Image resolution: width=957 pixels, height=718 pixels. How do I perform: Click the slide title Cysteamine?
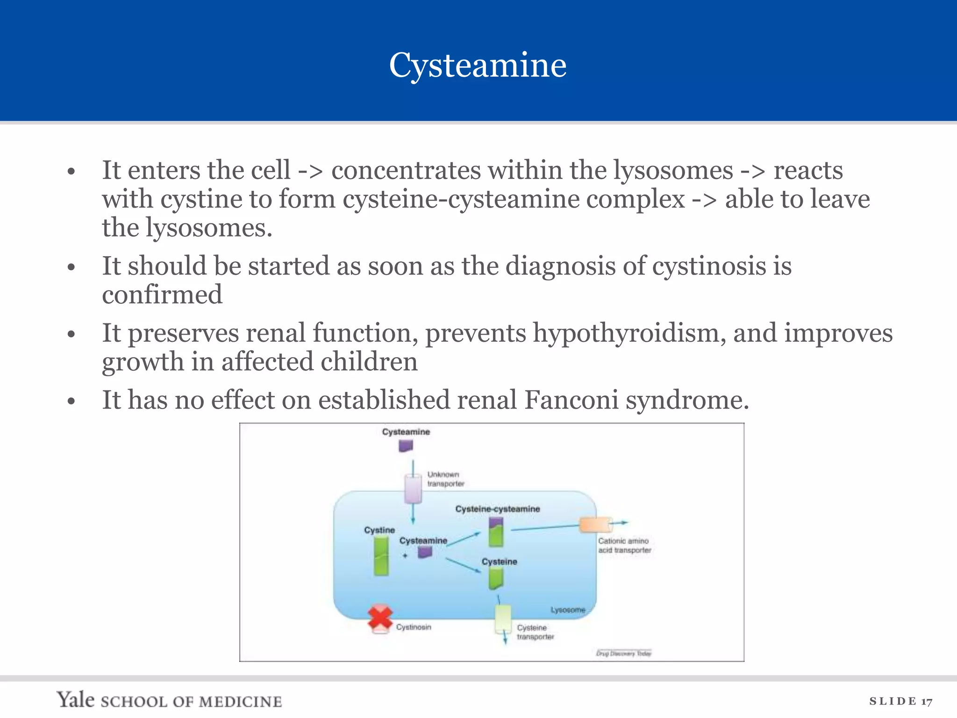click(478, 65)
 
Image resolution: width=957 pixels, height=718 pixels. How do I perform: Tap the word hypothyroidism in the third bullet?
click(629, 333)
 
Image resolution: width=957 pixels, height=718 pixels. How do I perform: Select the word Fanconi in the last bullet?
click(571, 400)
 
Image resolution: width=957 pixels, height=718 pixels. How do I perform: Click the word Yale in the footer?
click(76, 700)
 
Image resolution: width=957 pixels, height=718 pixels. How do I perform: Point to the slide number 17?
click(927, 701)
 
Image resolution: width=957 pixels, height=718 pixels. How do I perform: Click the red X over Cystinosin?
click(380, 617)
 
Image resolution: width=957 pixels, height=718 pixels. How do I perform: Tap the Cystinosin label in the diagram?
click(414, 627)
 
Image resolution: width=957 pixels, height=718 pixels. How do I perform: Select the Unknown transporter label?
click(445, 479)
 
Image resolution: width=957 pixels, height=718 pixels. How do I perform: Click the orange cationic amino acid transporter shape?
click(595, 525)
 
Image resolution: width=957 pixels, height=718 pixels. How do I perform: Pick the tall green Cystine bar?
click(381, 556)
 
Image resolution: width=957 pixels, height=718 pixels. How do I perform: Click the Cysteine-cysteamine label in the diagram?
click(497, 509)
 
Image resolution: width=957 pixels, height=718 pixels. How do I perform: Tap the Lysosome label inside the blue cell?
click(567, 610)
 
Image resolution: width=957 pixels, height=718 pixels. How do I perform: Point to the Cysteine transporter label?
click(535, 632)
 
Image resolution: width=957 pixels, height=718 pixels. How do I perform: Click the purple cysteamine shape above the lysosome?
click(406, 446)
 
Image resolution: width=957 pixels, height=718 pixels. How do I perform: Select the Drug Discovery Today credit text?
click(623, 653)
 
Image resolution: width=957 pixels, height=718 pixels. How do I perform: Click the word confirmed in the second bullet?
click(162, 295)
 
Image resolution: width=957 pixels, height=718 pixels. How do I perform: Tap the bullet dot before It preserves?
click(71, 334)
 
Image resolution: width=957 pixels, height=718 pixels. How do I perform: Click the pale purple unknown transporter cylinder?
click(413, 489)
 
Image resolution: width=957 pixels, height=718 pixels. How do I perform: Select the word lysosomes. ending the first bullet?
click(209, 228)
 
